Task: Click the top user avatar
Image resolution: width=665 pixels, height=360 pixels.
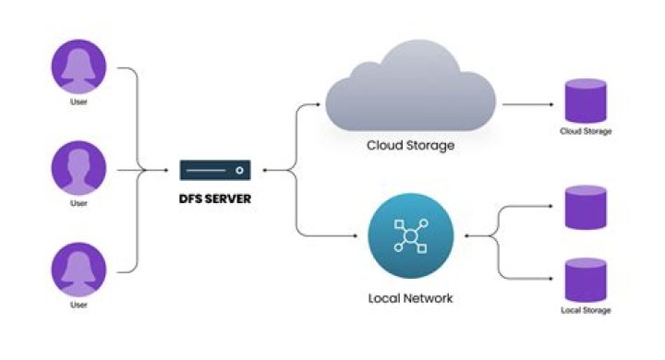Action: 79,67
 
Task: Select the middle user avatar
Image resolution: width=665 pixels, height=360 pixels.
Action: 79,170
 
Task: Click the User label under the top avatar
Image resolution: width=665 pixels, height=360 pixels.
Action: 79,102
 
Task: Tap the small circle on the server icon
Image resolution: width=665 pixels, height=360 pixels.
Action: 239,170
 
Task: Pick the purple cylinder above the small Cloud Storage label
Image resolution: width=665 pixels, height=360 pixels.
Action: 586,100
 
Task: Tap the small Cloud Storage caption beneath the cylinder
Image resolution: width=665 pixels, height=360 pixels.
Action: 586,131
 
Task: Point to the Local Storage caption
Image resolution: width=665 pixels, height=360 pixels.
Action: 586,310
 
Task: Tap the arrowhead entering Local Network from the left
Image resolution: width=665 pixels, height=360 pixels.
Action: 356,235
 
